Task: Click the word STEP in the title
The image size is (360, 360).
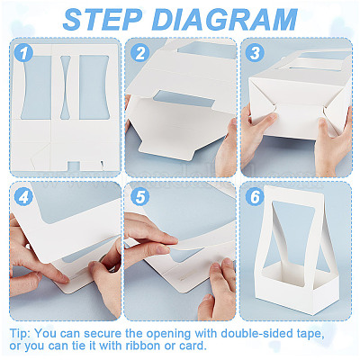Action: [103, 20]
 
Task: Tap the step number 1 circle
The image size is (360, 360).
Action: [23, 53]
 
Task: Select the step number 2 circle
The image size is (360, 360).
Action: [139, 53]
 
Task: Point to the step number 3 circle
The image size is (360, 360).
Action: [255, 53]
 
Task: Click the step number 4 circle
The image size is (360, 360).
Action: [23, 197]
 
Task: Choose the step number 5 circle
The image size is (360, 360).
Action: [139, 197]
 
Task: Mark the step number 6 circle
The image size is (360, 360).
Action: [255, 197]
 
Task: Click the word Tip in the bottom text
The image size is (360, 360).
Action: [20, 333]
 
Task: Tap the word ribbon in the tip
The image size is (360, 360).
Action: [143, 346]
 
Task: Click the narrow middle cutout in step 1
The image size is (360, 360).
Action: [66, 87]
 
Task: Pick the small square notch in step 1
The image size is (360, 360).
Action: [73, 166]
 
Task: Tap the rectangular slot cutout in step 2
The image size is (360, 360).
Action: [184, 100]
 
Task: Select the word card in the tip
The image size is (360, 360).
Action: [193, 346]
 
